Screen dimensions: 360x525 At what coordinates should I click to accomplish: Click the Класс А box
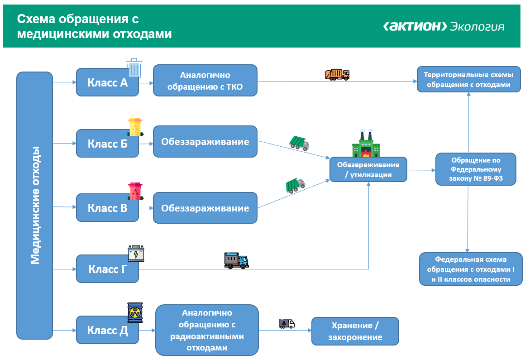(107, 82)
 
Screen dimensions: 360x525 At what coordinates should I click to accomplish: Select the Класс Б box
(107, 144)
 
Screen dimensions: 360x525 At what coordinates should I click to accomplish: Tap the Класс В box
(107, 208)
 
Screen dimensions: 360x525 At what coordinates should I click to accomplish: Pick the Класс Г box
(107, 269)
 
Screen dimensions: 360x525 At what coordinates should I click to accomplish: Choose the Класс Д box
(107, 330)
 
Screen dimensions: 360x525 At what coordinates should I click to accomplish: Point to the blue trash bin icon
(134, 67)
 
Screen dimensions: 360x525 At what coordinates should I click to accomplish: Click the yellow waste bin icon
(135, 127)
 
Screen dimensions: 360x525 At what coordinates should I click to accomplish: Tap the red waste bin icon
(135, 192)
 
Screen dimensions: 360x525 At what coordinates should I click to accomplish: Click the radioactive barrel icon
(135, 312)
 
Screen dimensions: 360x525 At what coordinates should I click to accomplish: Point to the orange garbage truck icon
(337, 74)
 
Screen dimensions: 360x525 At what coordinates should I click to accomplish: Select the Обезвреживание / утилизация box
(368, 169)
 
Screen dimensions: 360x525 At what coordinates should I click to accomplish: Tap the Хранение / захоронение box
(355, 331)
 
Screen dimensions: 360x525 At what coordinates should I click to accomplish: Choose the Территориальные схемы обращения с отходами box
(468, 80)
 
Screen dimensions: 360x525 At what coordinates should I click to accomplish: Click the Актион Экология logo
(444, 26)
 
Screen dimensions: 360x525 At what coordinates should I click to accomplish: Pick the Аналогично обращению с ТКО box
(205, 81)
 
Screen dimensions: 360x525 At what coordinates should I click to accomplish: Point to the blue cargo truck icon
(236, 260)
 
